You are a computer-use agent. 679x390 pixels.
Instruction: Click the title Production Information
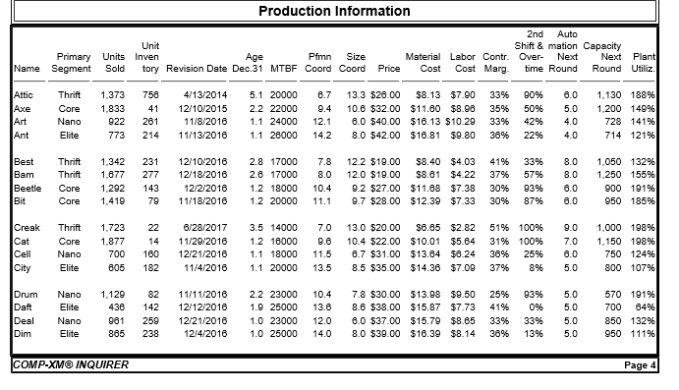[x=334, y=12]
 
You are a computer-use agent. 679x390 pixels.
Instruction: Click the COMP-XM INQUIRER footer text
[x=70, y=365]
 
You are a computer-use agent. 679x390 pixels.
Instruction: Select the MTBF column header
[x=284, y=69]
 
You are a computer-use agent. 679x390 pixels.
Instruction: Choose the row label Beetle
[x=28, y=187]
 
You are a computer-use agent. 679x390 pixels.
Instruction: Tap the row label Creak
[x=28, y=228]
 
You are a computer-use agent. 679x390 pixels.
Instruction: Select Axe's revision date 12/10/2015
[x=203, y=107]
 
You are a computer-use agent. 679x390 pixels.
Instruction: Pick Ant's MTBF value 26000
[x=283, y=134]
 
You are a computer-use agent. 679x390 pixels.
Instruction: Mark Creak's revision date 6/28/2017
[x=205, y=228]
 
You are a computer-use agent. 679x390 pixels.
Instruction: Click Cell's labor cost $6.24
[x=463, y=254]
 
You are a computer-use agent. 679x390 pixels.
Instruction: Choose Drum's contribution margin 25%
[x=498, y=295]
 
